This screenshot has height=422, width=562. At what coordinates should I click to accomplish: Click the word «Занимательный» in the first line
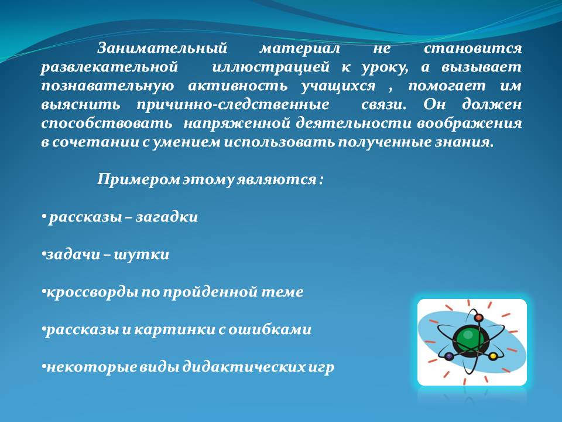(x=162, y=49)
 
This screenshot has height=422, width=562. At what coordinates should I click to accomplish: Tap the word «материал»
(x=300, y=49)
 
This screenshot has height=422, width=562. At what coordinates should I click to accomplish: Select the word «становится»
(x=473, y=49)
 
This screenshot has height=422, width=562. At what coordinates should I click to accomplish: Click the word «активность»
(x=238, y=86)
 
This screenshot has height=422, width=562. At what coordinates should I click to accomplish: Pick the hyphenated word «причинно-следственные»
(x=232, y=105)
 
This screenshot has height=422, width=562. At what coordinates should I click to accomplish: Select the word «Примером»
(x=139, y=179)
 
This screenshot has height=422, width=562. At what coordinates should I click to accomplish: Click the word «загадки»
(x=167, y=217)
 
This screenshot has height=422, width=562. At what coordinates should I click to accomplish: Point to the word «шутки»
(x=142, y=255)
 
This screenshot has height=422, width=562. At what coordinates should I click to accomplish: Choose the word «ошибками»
(x=269, y=329)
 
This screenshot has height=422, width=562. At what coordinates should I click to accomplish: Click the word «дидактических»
(x=245, y=367)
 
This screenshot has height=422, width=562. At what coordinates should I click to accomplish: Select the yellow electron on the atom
(x=493, y=356)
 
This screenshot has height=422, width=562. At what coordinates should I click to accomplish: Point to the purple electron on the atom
(x=449, y=356)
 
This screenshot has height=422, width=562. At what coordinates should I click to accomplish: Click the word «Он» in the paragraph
(x=434, y=105)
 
